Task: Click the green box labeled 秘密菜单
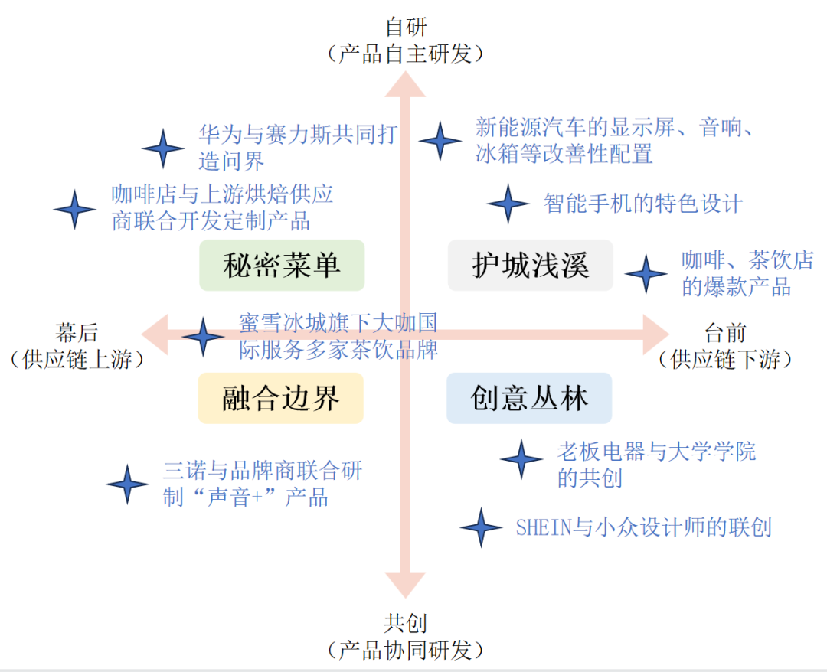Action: (x=282, y=266)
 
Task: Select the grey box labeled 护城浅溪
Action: (x=530, y=266)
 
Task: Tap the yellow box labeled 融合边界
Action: (x=280, y=398)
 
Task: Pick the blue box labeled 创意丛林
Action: (x=529, y=398)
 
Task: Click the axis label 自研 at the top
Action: (x=406, y=28)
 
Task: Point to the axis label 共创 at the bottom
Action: (x=406, y=623)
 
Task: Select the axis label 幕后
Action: (x=77, y=333)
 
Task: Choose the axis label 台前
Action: (x=725, y=333)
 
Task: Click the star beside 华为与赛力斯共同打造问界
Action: (x=163, y=148)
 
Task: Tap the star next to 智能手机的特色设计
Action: (x=508, y=204)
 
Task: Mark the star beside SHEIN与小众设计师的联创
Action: (x=481, y=527)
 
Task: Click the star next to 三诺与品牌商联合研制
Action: (x=127, y=484)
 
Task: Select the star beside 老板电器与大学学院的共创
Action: (x=521, y=459)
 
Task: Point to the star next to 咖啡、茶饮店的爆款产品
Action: (x=646, y=274)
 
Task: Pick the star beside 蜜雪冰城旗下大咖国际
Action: (x=203, y=337)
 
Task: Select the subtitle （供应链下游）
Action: (x=725, y=360)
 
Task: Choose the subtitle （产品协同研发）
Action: (x=406, y=651)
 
